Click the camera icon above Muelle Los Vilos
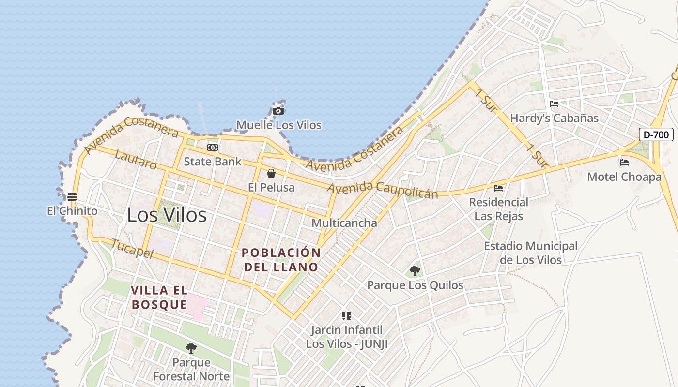[278, 111]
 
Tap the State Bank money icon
[213, 148]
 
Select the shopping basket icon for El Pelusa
[271, 173]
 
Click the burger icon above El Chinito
[72, 196]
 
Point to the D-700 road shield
[656, 134]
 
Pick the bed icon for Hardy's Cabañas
[554, 104]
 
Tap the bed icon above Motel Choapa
[624, 163]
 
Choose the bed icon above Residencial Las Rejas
[498, 188]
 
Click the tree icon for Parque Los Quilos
[415, 270]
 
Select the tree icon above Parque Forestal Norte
[191, 348]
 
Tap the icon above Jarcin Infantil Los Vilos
[346, 316]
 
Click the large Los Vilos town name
[167, 215]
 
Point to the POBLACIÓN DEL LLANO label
[281, 260]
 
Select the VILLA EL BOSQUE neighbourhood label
[159, 298]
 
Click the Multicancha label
[344, 223]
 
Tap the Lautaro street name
[136, 160]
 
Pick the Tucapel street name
[132, 249]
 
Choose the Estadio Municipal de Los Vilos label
[531, 253]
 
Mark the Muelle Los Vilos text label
[278, 125]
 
